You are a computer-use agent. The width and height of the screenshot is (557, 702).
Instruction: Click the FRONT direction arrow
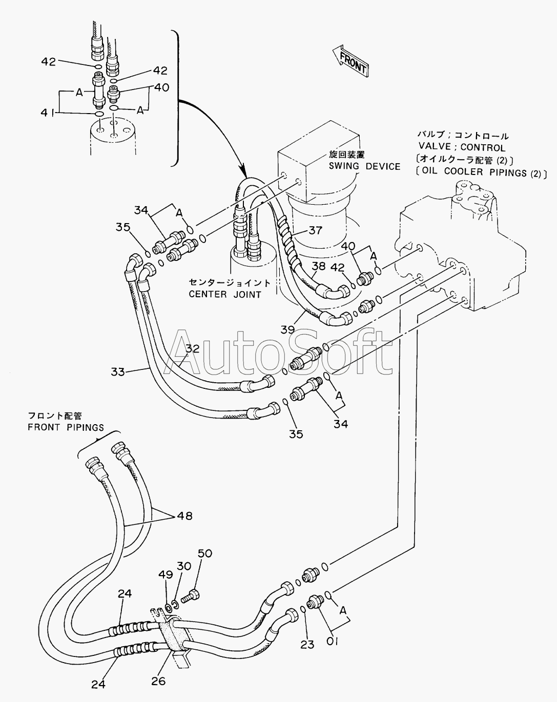(x=350, y=61)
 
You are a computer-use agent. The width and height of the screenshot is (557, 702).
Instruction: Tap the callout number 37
(x=315, y=231)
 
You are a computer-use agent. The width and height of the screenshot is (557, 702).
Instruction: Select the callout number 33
(x=118, y=371)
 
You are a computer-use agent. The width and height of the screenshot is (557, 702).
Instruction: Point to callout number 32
(x=193, y=349)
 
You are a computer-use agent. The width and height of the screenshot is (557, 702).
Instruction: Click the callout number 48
(x=184, y=516)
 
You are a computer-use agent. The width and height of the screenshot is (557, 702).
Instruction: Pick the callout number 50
(x=205, y=553)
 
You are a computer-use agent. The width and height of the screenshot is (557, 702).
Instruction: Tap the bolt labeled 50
(x=191, y=598)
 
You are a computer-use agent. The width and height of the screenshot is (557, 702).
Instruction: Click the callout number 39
(x=287, y=330)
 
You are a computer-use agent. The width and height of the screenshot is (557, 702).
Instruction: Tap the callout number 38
(x=319, y=266)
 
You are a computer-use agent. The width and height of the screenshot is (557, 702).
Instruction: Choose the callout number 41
(x=48, y=113)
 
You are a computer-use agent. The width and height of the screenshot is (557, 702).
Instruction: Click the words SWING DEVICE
(x=364, y=166)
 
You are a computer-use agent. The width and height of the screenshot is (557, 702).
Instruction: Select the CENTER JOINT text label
(x=225, y=294)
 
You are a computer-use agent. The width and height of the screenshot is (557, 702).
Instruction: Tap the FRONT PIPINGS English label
(x=66, y=427)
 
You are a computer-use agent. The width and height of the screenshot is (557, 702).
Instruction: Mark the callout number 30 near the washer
(x=184, y=566)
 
